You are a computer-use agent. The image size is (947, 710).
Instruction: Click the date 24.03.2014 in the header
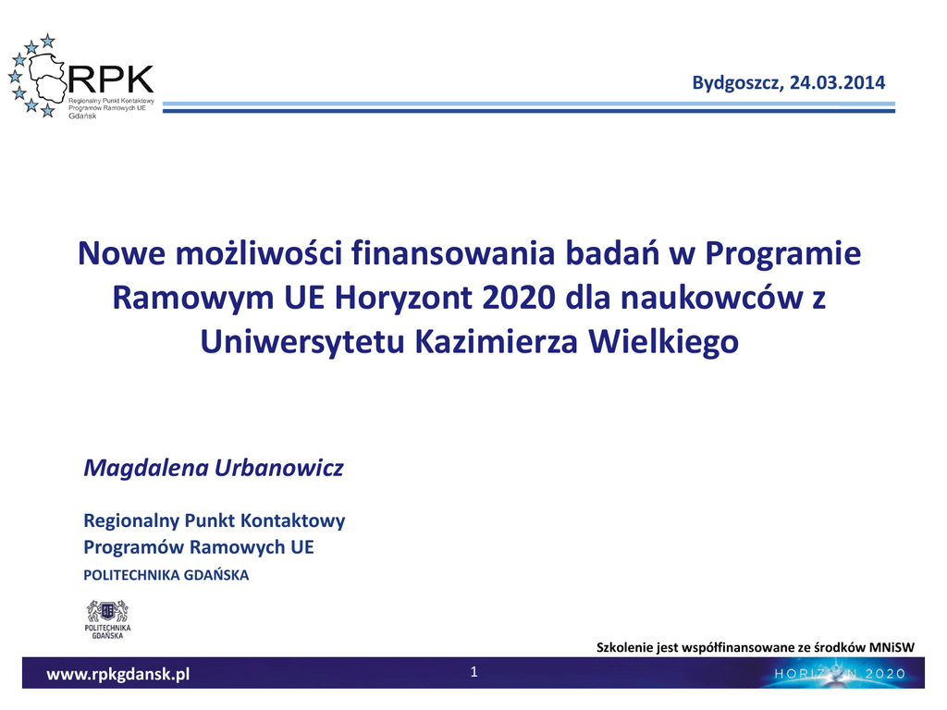[837, 82]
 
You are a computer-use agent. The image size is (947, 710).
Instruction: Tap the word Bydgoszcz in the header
[737, 83]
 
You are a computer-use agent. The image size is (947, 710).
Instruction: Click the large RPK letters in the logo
[111, 80]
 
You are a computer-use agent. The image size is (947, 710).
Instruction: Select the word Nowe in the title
[121, 253]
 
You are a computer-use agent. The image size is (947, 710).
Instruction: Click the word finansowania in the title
[453, 253]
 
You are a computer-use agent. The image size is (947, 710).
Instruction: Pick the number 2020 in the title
[519, 297]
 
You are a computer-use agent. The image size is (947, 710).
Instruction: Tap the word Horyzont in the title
[403, 299]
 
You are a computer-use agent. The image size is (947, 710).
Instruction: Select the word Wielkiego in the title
[664, 342]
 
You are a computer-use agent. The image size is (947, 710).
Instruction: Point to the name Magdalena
[145, 468]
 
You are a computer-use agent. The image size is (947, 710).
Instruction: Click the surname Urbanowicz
[279, 468]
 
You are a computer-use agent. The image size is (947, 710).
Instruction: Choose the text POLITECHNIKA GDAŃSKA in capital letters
[166, 575]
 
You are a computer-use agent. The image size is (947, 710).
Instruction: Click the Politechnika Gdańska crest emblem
[107, 612]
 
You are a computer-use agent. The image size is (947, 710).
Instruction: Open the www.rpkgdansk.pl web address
[118, 674]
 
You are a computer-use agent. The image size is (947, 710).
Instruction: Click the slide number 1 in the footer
[474, 671]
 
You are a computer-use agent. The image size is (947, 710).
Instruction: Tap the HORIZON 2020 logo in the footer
[840, 674]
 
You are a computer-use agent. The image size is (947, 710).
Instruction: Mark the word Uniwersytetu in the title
[302, 342]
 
